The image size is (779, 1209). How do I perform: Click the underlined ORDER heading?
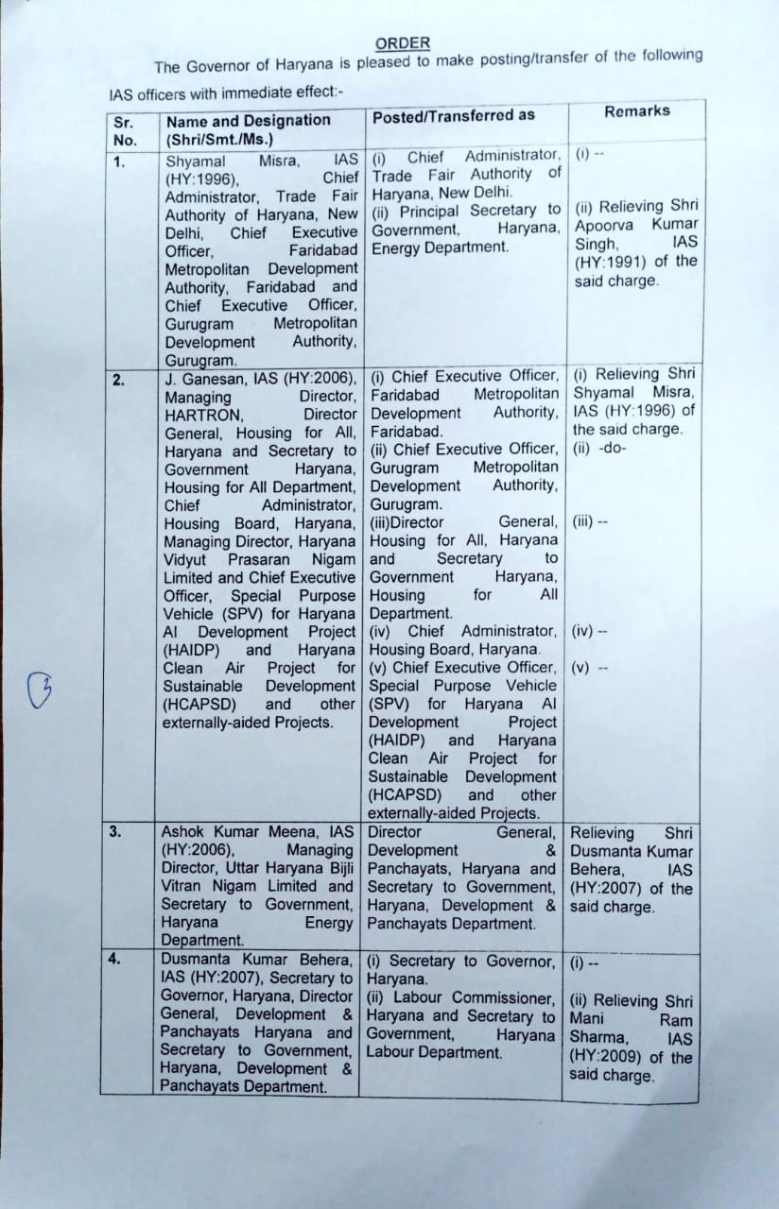point(402,43)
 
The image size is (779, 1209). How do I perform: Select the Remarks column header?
point(637,111)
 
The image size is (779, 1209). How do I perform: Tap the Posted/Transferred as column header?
point(453,115)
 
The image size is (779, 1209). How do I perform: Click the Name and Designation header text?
point(248,121)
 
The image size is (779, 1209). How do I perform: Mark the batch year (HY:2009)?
point(606,1058)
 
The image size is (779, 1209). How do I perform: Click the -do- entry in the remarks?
point(611,448)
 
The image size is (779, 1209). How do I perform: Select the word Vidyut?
point(186,559)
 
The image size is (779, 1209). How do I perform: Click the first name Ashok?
point(183,832)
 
